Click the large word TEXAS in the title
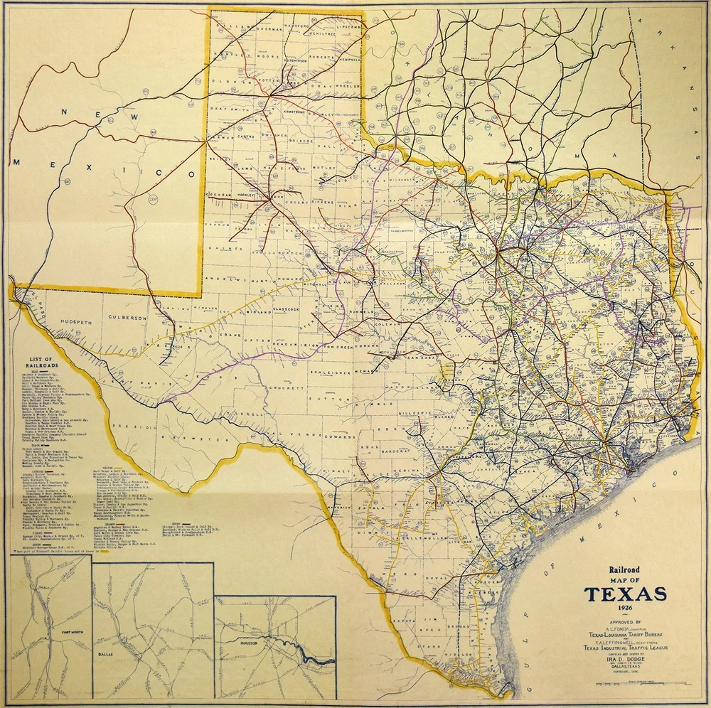point(625,594)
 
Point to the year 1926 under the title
point(625,609)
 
